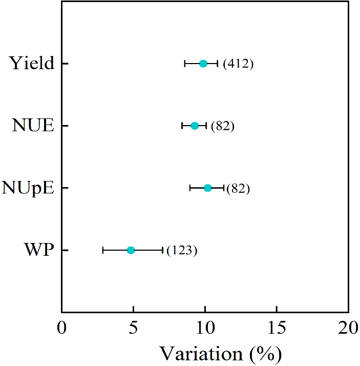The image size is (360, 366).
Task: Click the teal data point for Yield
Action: [x=203, y=64]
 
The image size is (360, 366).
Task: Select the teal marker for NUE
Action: [x=195, y=126]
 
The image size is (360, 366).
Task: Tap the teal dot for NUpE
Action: [x=207, y=188]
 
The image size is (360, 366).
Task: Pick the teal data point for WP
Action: [x=131, y=250]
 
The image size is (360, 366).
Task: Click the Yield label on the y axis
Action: [x=31, y=64]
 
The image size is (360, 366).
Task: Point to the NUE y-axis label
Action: [x=33, y=126]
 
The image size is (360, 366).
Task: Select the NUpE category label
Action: [x=28, y=188]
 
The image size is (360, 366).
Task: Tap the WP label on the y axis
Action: [x=39, y=250]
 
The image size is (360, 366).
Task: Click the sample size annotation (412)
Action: [x=238, y=64]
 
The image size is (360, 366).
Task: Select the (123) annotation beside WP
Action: [x=182, y=251]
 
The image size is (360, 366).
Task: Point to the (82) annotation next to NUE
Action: [x=222, y=126]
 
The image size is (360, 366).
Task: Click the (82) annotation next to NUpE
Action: [x=238, y=189]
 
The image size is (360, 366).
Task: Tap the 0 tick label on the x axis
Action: [x=62, y=328]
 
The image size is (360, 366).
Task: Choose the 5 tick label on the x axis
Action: [x=133, y=328]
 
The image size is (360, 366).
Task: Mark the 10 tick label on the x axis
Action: [x=205, y=328]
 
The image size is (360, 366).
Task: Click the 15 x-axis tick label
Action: [x=277, y=328]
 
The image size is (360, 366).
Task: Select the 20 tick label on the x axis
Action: [x=348, y=328]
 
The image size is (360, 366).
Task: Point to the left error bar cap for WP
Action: [x=103, y=250]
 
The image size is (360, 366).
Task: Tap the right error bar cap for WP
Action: [x=162, y=250]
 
